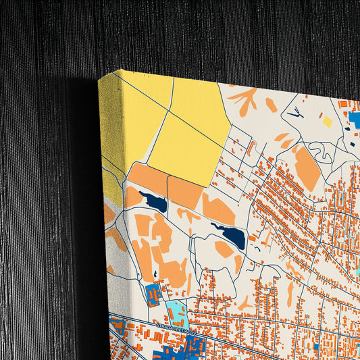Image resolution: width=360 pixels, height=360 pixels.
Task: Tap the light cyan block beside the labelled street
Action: click(177, 313)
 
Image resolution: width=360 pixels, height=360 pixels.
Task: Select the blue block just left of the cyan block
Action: click(153, 294)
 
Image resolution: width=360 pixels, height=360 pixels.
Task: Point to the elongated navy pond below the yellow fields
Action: click(153, 201)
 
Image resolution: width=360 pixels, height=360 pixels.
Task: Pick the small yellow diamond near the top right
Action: click(328, 122)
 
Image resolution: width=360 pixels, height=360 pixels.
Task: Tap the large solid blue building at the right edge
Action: click(354, 121)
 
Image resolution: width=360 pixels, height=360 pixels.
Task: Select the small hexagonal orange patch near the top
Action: click(271, 105)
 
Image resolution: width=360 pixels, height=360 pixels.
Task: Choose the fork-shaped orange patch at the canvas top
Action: click(243, 100)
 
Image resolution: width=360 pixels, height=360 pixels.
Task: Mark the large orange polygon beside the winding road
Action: click(307, 169)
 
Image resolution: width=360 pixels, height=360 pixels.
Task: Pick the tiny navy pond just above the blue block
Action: click(155, 274)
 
